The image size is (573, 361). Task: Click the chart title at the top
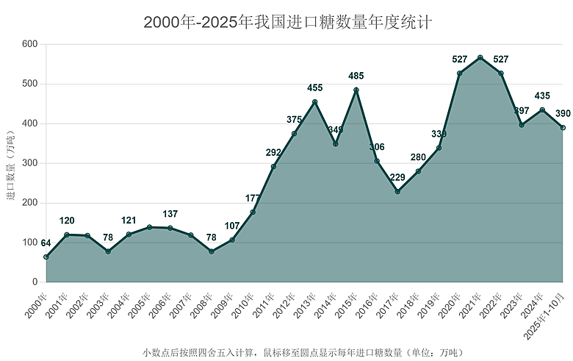coord(287,21)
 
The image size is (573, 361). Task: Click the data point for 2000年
coord(46,257)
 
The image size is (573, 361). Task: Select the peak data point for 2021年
coord(480,57)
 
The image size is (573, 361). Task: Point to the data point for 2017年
coord(397,191)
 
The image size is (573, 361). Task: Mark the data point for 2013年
coord(315,102)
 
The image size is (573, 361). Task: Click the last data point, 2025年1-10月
coord(563,128)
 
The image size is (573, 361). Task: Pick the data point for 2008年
coord(212,251)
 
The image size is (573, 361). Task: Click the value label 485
coord(356,76)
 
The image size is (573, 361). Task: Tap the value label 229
coord(397,177)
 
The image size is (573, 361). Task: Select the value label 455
coord(315,88)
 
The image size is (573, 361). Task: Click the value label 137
coord(170,214)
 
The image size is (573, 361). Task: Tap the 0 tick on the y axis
coord(35,282)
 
